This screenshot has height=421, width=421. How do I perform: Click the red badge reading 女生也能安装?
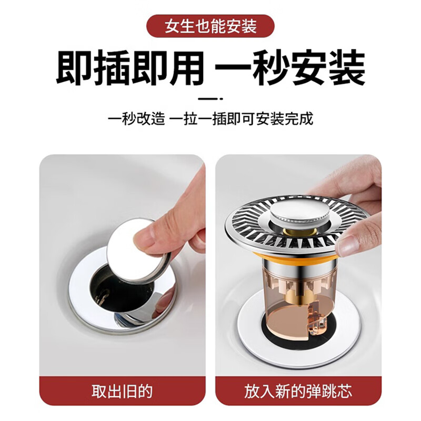coord(210,26)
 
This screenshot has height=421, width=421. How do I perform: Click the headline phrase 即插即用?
coord(129,68)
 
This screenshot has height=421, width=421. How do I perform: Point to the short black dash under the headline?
coord(210,98)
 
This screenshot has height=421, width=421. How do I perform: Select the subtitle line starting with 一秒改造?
coord(210,118)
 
